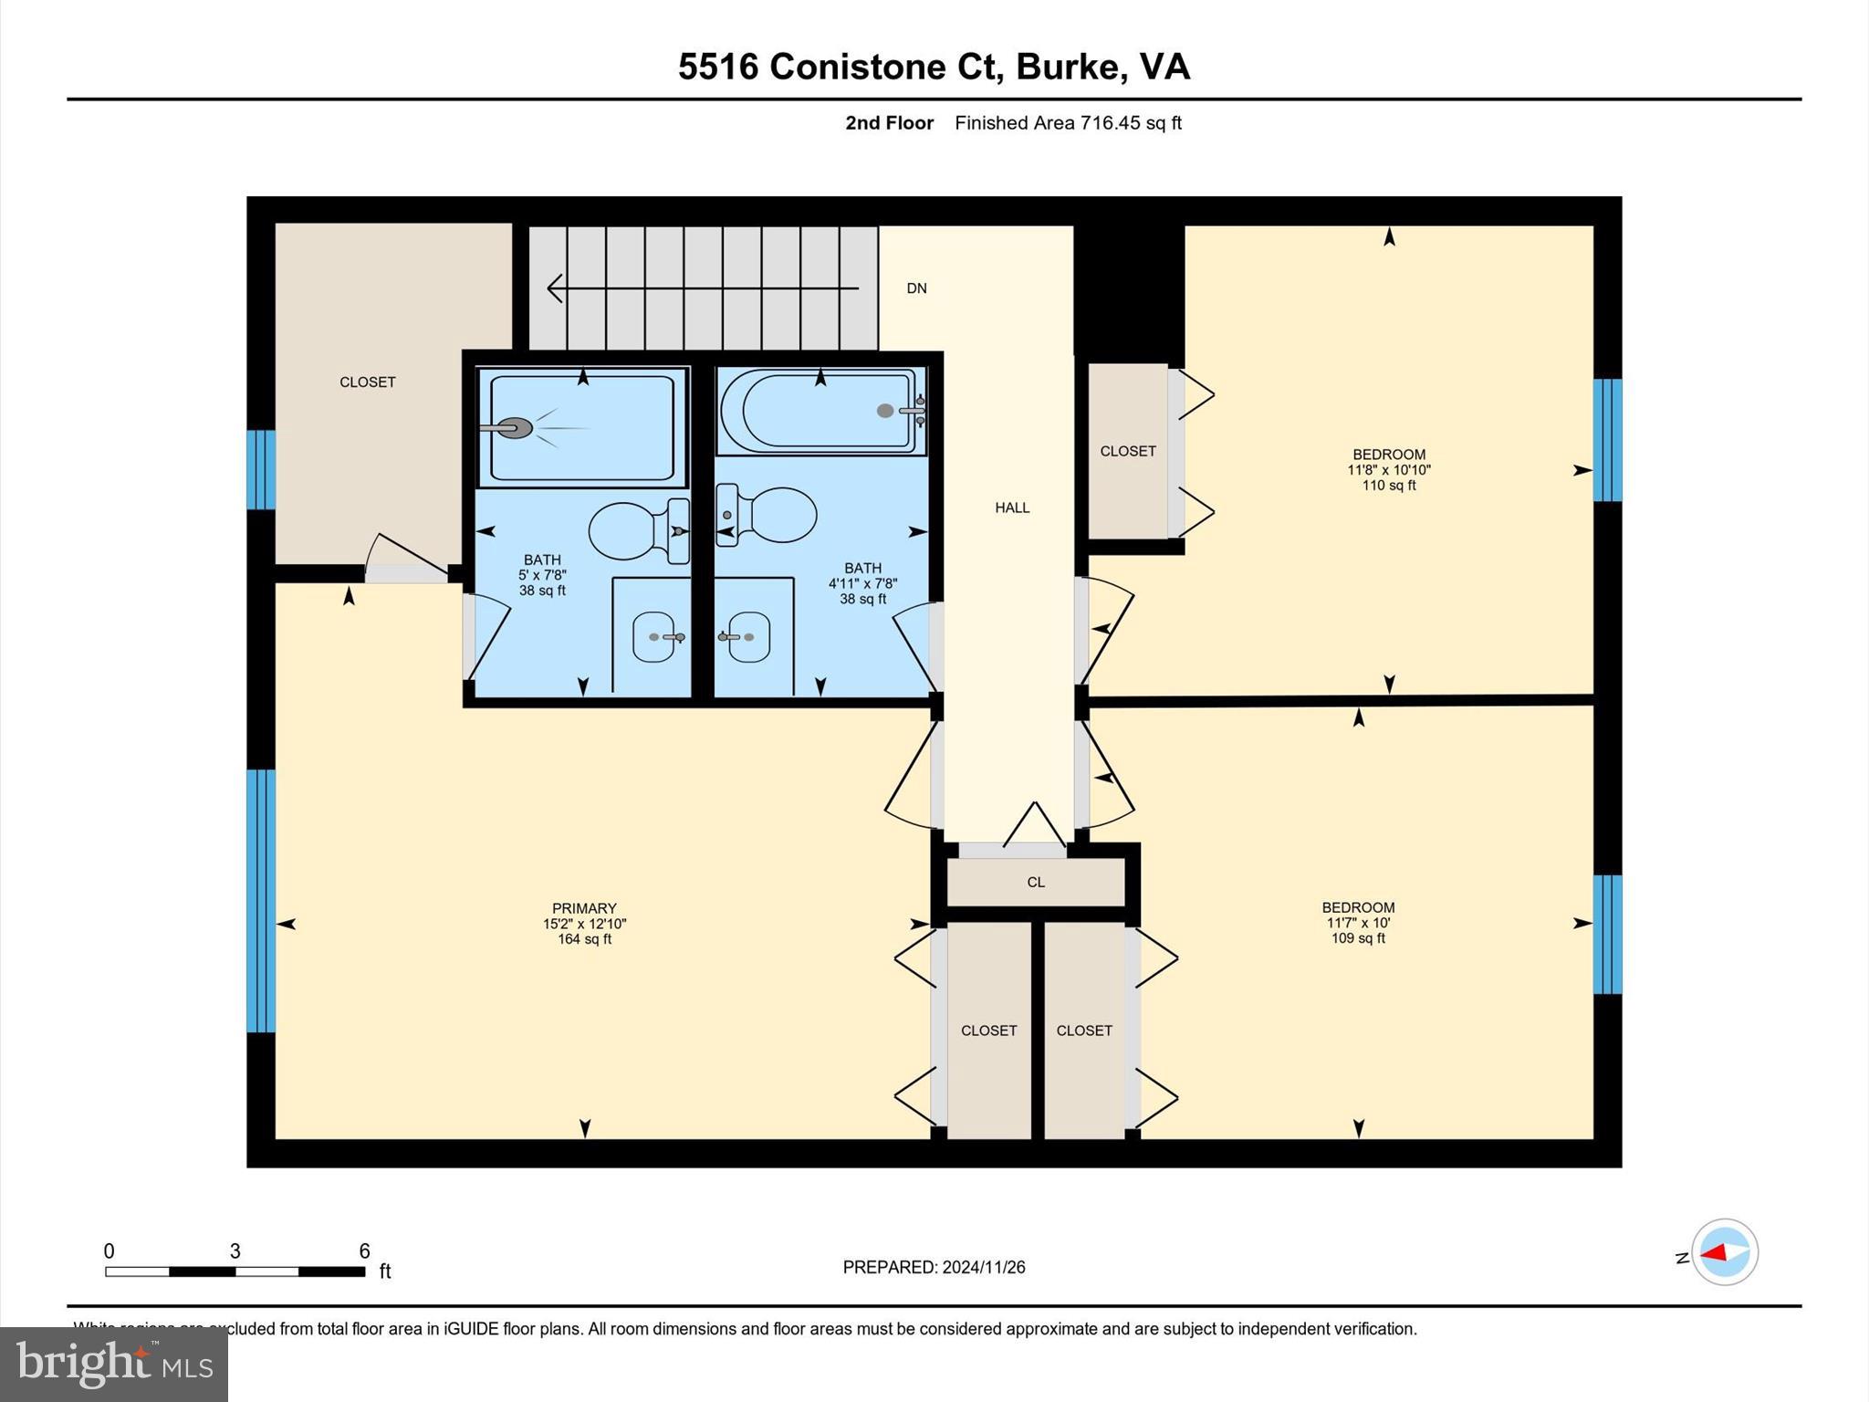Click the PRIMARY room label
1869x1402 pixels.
[x=584, y=908]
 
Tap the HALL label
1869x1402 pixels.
[x=1012, y=507]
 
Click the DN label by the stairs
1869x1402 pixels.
[x=916, y=288]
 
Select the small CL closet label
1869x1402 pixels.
[x=1036, y=883]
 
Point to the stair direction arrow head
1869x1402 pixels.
[x=554, y=288]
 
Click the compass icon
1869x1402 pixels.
[x=1724, y=1252]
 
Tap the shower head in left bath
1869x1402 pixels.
[x=517, y=428]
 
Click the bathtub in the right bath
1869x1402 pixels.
[x=820, y=412]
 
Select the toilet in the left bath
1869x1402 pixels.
[x=637, y=531]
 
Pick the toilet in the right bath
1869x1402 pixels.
[x=768, y=516]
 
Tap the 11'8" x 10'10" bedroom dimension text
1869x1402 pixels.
[x=1389, y=470]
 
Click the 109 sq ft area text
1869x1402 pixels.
[x=1358, y=938]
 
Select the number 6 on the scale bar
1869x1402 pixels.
[x=364, y=1251]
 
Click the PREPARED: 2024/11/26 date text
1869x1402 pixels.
[x=934, y=1267]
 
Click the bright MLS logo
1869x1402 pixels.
[x=114, y=1364]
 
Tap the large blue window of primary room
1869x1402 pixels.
[x=261, y=900]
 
